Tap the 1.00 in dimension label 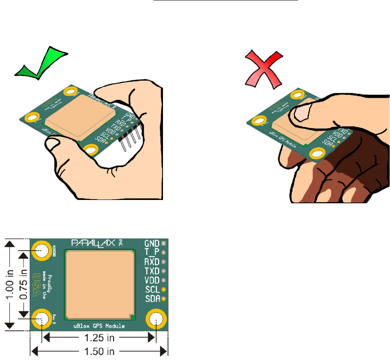(x=13, y=284)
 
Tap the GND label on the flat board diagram (x=152, y=244)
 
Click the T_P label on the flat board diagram (x=152, y=252)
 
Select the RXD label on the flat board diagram (x=152, y=262)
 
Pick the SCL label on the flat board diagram (x=152, y=289)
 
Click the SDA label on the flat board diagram (x=152, y=298)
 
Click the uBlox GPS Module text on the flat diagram (x=99, y=326)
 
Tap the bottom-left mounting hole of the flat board (x=41, y=320)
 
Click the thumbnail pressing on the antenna (x=301, y=112)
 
